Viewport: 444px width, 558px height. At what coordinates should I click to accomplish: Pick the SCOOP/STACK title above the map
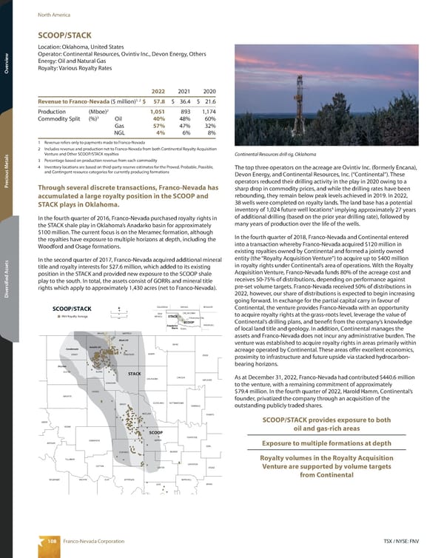(x=67, y=309)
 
